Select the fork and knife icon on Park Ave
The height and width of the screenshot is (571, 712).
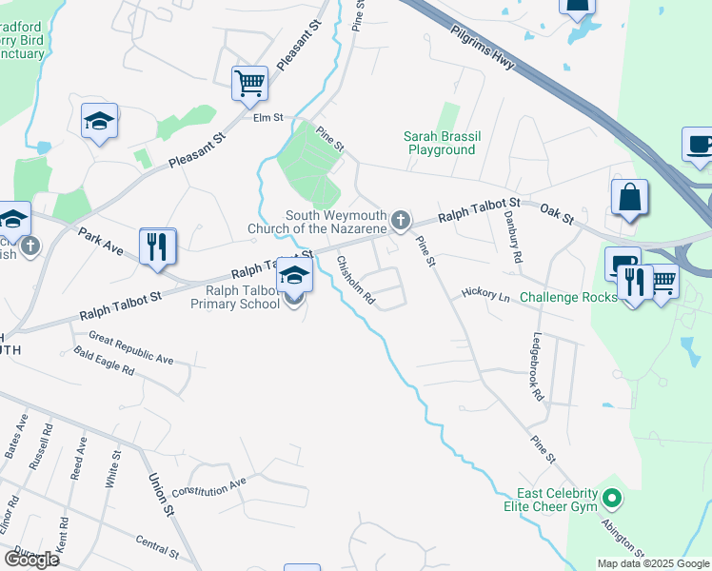[x=157, y=246]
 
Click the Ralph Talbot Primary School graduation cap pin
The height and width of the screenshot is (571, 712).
[x=294, y=276]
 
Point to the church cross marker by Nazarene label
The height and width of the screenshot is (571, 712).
[x=402, y=222]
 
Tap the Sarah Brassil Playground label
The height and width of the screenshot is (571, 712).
[x=441, y=143]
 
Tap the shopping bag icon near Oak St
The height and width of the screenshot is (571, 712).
[x=629, y=198]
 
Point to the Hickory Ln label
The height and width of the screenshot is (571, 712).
[x=486, y=294]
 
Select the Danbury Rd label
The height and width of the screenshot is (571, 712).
[x=511, y=238]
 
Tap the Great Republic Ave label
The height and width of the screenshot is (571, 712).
[x=131, y=347]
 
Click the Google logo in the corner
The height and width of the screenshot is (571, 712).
[x=32, y=559]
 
